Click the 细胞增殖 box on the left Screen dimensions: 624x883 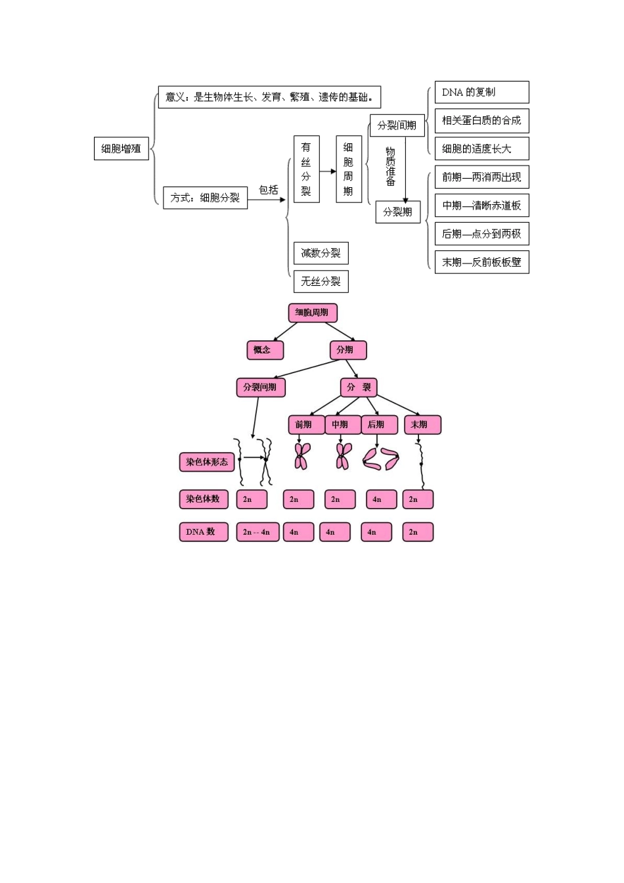point(121,148)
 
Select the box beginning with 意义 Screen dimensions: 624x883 point(269,97)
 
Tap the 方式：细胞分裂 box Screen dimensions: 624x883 point(205,197)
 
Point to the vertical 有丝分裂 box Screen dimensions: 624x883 point(306,169)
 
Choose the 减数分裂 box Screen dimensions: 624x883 point(321,253)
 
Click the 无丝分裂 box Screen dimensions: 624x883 point(321,281)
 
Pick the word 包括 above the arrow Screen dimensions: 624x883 point(269,190)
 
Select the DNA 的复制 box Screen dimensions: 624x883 point(481,92)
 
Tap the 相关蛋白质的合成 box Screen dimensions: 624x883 point(481,120)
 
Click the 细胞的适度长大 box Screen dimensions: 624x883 point(481,148)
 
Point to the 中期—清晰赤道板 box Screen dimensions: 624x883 point(481,206)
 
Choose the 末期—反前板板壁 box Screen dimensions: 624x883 point(481,262)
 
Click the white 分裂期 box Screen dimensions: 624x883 point(398,212)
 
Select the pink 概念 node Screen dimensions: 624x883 point(265,350)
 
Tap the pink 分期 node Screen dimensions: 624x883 point(347,350)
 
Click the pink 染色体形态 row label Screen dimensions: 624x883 point(206,462)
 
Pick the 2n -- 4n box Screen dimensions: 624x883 point(257,532)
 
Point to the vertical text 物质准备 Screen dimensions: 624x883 point(390,166)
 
